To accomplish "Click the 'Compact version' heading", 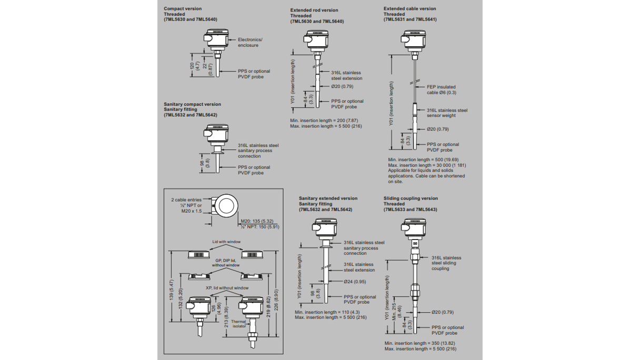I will [x=183, y=9].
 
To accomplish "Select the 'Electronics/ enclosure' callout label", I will [x=249, y=43].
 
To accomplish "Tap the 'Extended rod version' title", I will [x=314, y=11].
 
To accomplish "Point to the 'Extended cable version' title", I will [x=409, y=9].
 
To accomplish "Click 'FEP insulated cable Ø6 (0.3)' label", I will [x=441, y=90].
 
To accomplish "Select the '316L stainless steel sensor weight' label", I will [x=446, y=113].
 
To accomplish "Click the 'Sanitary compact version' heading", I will [x=192, y=104].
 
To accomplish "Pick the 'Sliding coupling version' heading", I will [x=411, y=198].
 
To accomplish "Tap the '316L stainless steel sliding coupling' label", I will [x=446, y=263].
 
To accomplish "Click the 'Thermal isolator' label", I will [x=238, y=324].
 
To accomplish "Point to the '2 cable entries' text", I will [x=186, y=200].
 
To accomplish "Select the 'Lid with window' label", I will [x=226, y=242].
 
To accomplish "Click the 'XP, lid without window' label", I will [x=227, y=288].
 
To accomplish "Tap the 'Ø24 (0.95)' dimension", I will [x=355, y=282].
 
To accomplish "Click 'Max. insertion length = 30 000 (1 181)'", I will [x=427, y=165].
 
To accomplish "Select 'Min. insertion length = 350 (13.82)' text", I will [x=420, y=343].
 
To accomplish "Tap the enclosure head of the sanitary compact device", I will [x=216, y=135].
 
